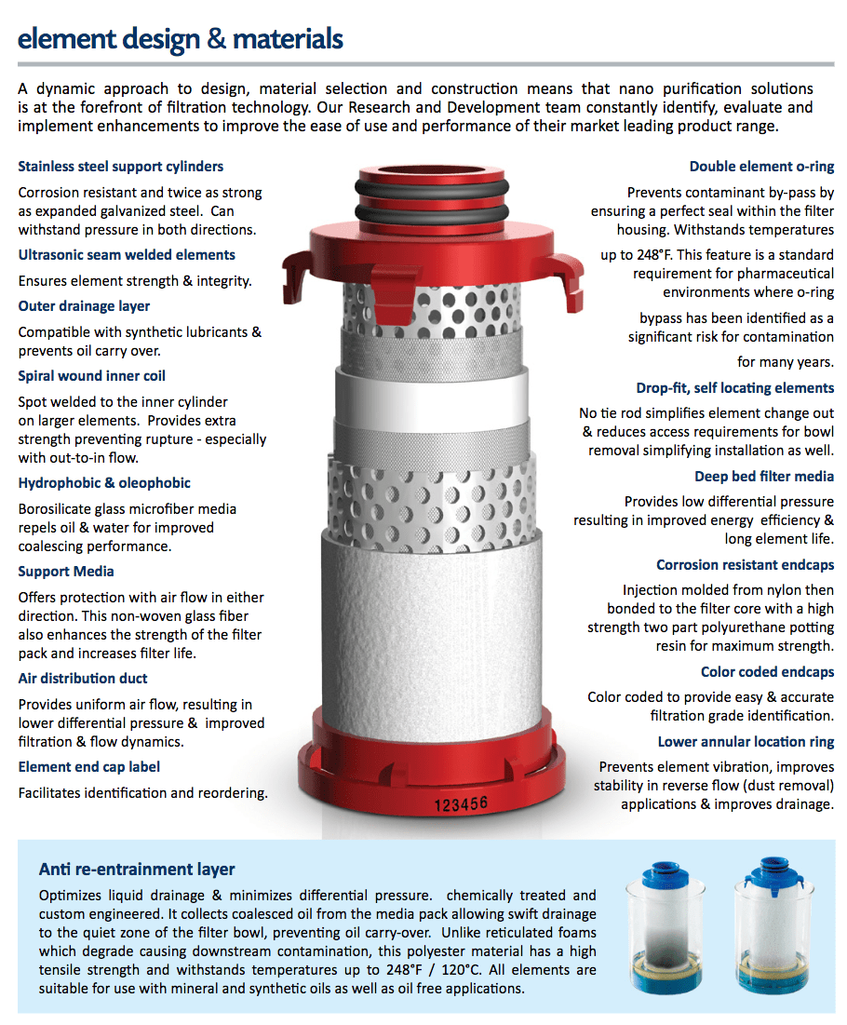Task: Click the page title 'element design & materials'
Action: [181, 39]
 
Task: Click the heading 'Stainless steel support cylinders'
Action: [121, 167]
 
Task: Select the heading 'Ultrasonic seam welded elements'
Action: [127, 255]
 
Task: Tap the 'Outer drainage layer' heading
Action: [84, 306]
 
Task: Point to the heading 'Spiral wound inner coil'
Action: [92, 376]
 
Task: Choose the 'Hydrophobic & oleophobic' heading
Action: [104, 483]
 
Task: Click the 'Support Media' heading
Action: [66, 572]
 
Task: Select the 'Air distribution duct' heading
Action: [83, 679]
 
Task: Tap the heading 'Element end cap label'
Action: [89, 767]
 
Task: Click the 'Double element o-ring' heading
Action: [761, 167]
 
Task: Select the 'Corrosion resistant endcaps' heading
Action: [745, 565]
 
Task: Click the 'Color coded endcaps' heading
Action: [767, 672]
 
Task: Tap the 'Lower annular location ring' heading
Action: [746, 742]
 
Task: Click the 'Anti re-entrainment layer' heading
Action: [137, 870]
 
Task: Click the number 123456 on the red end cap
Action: [461, 802]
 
